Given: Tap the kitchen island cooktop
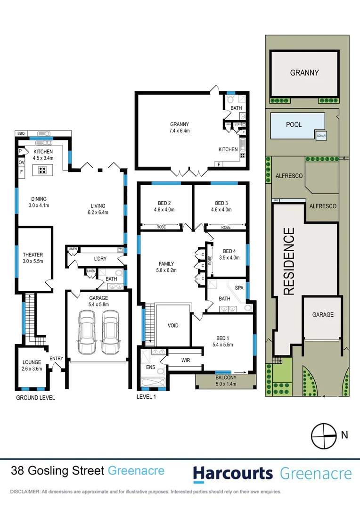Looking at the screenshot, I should point(42,171).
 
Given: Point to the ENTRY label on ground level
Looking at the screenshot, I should point(57,359).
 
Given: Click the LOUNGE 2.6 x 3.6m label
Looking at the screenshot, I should point(33,365).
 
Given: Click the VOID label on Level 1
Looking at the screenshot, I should point(173,326).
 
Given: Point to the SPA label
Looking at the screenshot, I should point(239,287).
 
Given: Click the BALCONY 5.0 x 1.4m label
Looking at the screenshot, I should point(226,381).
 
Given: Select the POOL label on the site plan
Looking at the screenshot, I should point(294,125).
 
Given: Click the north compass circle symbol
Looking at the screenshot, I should point(322,436).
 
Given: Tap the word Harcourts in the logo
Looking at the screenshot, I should point(233,473).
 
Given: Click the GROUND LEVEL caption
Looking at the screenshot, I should point(35,398).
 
